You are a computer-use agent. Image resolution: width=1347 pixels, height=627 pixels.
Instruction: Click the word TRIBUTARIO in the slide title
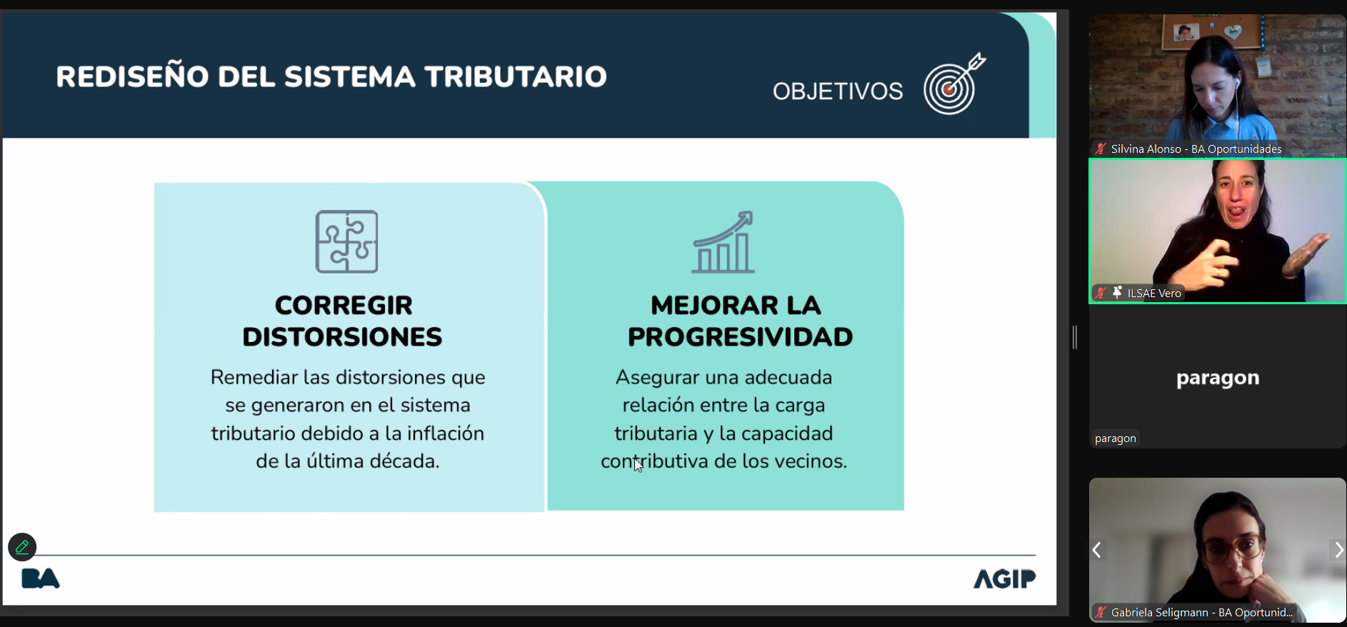tap(516, 76)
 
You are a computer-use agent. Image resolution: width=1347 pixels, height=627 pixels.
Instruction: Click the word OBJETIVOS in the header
tap(838, 91)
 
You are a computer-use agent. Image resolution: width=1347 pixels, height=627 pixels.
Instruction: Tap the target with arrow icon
tap(954, 84)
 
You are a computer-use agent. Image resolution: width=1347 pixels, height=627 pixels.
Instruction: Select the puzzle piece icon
tap(347, 241)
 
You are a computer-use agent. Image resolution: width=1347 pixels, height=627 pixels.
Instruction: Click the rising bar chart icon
tap(723, 242)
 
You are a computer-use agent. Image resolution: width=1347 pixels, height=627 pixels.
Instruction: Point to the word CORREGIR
tap(344, 306)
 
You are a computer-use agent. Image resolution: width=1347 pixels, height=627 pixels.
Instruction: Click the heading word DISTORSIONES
tap(342, 337)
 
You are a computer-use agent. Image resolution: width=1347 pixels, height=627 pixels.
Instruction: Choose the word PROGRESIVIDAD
tap(740, 337)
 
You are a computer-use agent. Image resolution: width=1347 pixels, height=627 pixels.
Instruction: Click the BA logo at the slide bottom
tap(41, 578)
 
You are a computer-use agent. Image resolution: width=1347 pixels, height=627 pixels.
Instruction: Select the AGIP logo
tap(1004, 578)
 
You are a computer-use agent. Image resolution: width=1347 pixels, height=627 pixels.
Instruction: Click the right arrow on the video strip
tap(1338, 550)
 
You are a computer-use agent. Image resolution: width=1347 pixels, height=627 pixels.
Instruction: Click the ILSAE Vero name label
tap(1154, 293)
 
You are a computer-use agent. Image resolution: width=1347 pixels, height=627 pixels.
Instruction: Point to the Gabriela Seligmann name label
tap(1202, 612)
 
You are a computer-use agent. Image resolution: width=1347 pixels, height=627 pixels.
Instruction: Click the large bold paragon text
tap(1218, 378)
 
